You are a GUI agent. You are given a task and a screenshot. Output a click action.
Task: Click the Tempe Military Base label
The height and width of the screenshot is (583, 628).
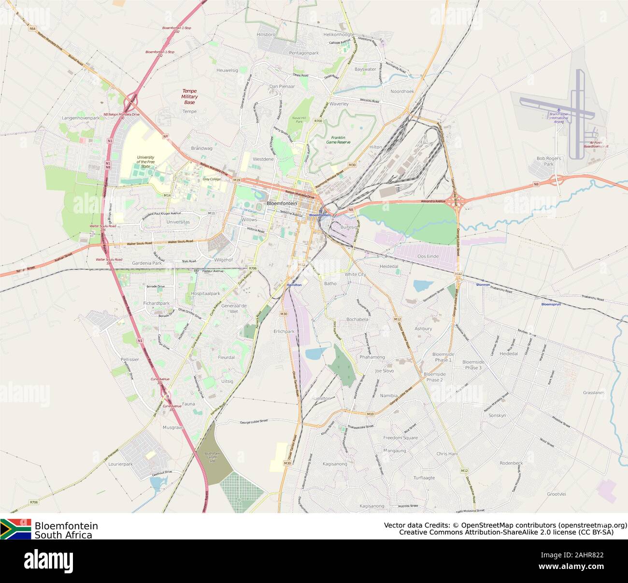tap(189, 97)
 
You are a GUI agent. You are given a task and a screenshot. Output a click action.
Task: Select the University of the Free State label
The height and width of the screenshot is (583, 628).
tap(145, 162)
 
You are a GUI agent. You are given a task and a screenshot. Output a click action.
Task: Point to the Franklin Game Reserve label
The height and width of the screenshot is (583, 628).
tap(338, 140)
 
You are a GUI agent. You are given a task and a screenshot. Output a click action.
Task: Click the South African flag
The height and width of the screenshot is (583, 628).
tap(15, 529)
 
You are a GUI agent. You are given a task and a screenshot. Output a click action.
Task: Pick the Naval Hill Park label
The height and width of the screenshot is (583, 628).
tap(299, 119)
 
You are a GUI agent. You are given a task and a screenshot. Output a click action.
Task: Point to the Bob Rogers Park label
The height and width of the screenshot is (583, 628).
tap(549, 161)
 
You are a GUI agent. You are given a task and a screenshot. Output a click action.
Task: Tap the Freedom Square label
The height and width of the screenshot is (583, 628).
tap(400, 438)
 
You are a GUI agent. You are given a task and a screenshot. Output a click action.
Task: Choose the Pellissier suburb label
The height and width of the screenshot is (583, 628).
tap(130, 359)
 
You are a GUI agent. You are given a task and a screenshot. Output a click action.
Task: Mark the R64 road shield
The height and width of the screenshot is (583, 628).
tap(32, 29)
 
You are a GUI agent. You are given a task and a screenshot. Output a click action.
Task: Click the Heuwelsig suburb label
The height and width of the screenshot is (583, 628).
tap(228, 70)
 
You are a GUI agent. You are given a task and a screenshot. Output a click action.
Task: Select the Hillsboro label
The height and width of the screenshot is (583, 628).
tap(266, 35)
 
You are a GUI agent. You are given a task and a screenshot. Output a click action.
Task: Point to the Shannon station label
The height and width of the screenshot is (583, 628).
tap(483, 284)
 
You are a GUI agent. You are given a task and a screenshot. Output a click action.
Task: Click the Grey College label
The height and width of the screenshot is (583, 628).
tap(212, 179)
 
